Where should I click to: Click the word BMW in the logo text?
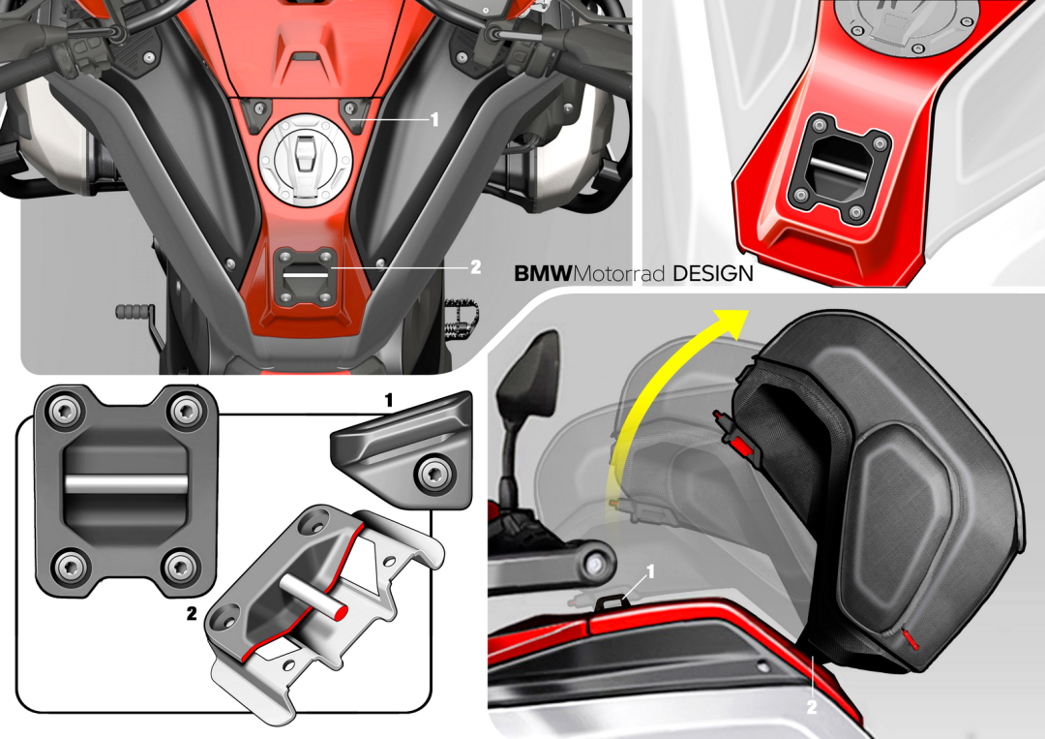pyautogui.click(x=543, y=273)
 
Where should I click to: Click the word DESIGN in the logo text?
pyautogui.click(x=713, y=273)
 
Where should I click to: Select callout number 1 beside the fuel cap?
pyautogui.click(x=434, y=119)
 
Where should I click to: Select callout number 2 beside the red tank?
pyautogui.click(x=475, y=267)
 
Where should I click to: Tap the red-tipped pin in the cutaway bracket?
pyautogui.click(x=314, y=593)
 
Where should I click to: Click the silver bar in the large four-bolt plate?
pyautogui.click(x=126, y=483)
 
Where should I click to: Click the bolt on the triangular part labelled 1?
pyautogui.click(x=433, y=474)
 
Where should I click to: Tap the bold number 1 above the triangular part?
pyautogui.click(x=389, y=400)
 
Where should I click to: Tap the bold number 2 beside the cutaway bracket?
pyautogui.click(x=192, y=614)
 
